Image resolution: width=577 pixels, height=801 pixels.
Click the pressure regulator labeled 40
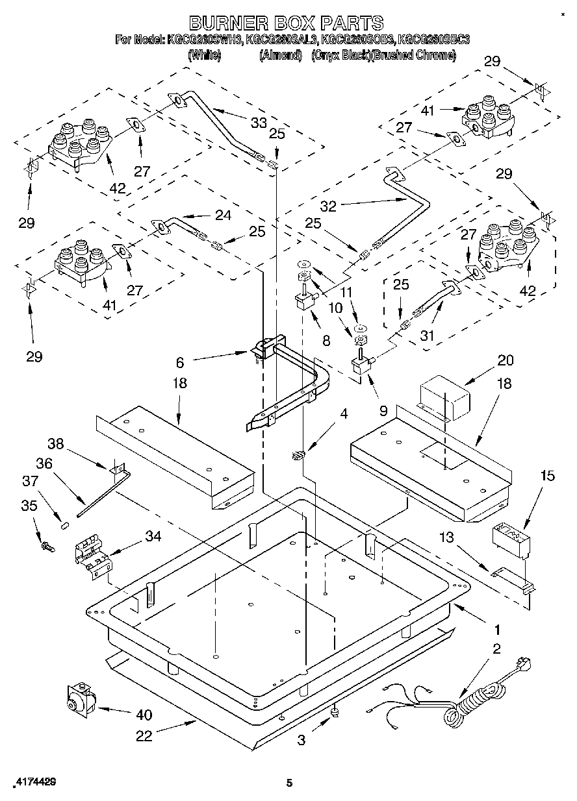pyautogui.click(x=79, y=700)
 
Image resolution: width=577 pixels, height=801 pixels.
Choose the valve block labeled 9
pyautogui.click(x=359, y=367)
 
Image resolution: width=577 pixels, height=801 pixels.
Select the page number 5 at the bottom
pyautogui.click(x=289, y=783)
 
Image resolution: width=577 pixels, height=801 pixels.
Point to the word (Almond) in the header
pyautogui.click(x=281, y=56)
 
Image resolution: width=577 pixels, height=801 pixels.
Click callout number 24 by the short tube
pyautogui.click(x=223, y=215)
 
